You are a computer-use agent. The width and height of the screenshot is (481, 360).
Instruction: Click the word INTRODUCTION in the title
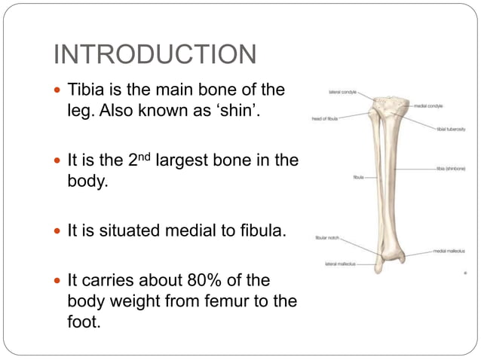pos(155,55)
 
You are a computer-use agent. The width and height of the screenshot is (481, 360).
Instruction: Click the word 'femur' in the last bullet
pos(233,301)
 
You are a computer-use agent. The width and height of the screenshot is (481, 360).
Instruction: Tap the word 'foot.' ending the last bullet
pos(84,322)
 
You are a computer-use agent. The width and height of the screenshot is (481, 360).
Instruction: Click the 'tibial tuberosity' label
pos(450,129)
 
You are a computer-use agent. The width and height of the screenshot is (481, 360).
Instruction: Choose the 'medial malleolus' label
pos(449,251)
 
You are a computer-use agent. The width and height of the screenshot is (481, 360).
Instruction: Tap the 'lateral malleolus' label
pos(339,264)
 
